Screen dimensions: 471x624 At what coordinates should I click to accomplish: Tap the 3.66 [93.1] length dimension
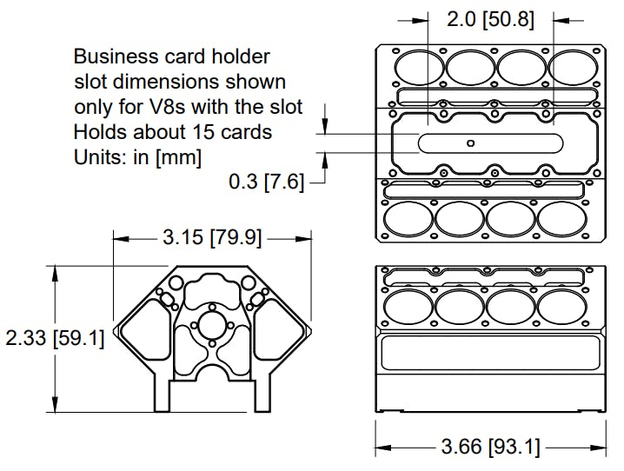click(490, 448)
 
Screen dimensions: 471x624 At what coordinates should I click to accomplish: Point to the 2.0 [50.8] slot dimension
click(490, 19)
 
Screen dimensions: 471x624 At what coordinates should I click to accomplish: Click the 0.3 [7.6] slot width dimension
click(266, 182)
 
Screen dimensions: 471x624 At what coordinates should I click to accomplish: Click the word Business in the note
click(110, 57)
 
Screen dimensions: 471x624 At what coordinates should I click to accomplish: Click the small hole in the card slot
click(470, 143)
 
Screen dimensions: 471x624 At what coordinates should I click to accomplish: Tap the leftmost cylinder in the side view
click(408, 306)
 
